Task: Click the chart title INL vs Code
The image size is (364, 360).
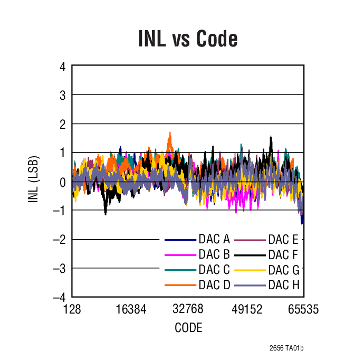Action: [x=188, y=39]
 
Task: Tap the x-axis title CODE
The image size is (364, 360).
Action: [x=188, y=328]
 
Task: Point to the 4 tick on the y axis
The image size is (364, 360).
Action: [x=62, y=67]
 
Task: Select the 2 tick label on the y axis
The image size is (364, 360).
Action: [x=62, y=124]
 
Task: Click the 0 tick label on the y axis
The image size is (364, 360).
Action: [x=62, y=182]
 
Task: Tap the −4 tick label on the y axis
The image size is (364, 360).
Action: [x=60, y=297]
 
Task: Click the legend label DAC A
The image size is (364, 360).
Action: [x=214, y=240]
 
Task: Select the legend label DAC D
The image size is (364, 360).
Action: [x=214, y=285]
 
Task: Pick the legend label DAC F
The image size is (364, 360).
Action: [x=283, y=255]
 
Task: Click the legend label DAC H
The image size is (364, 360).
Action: [x=283, y=285]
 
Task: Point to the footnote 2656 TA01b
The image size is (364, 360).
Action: [x=286, y=348]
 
